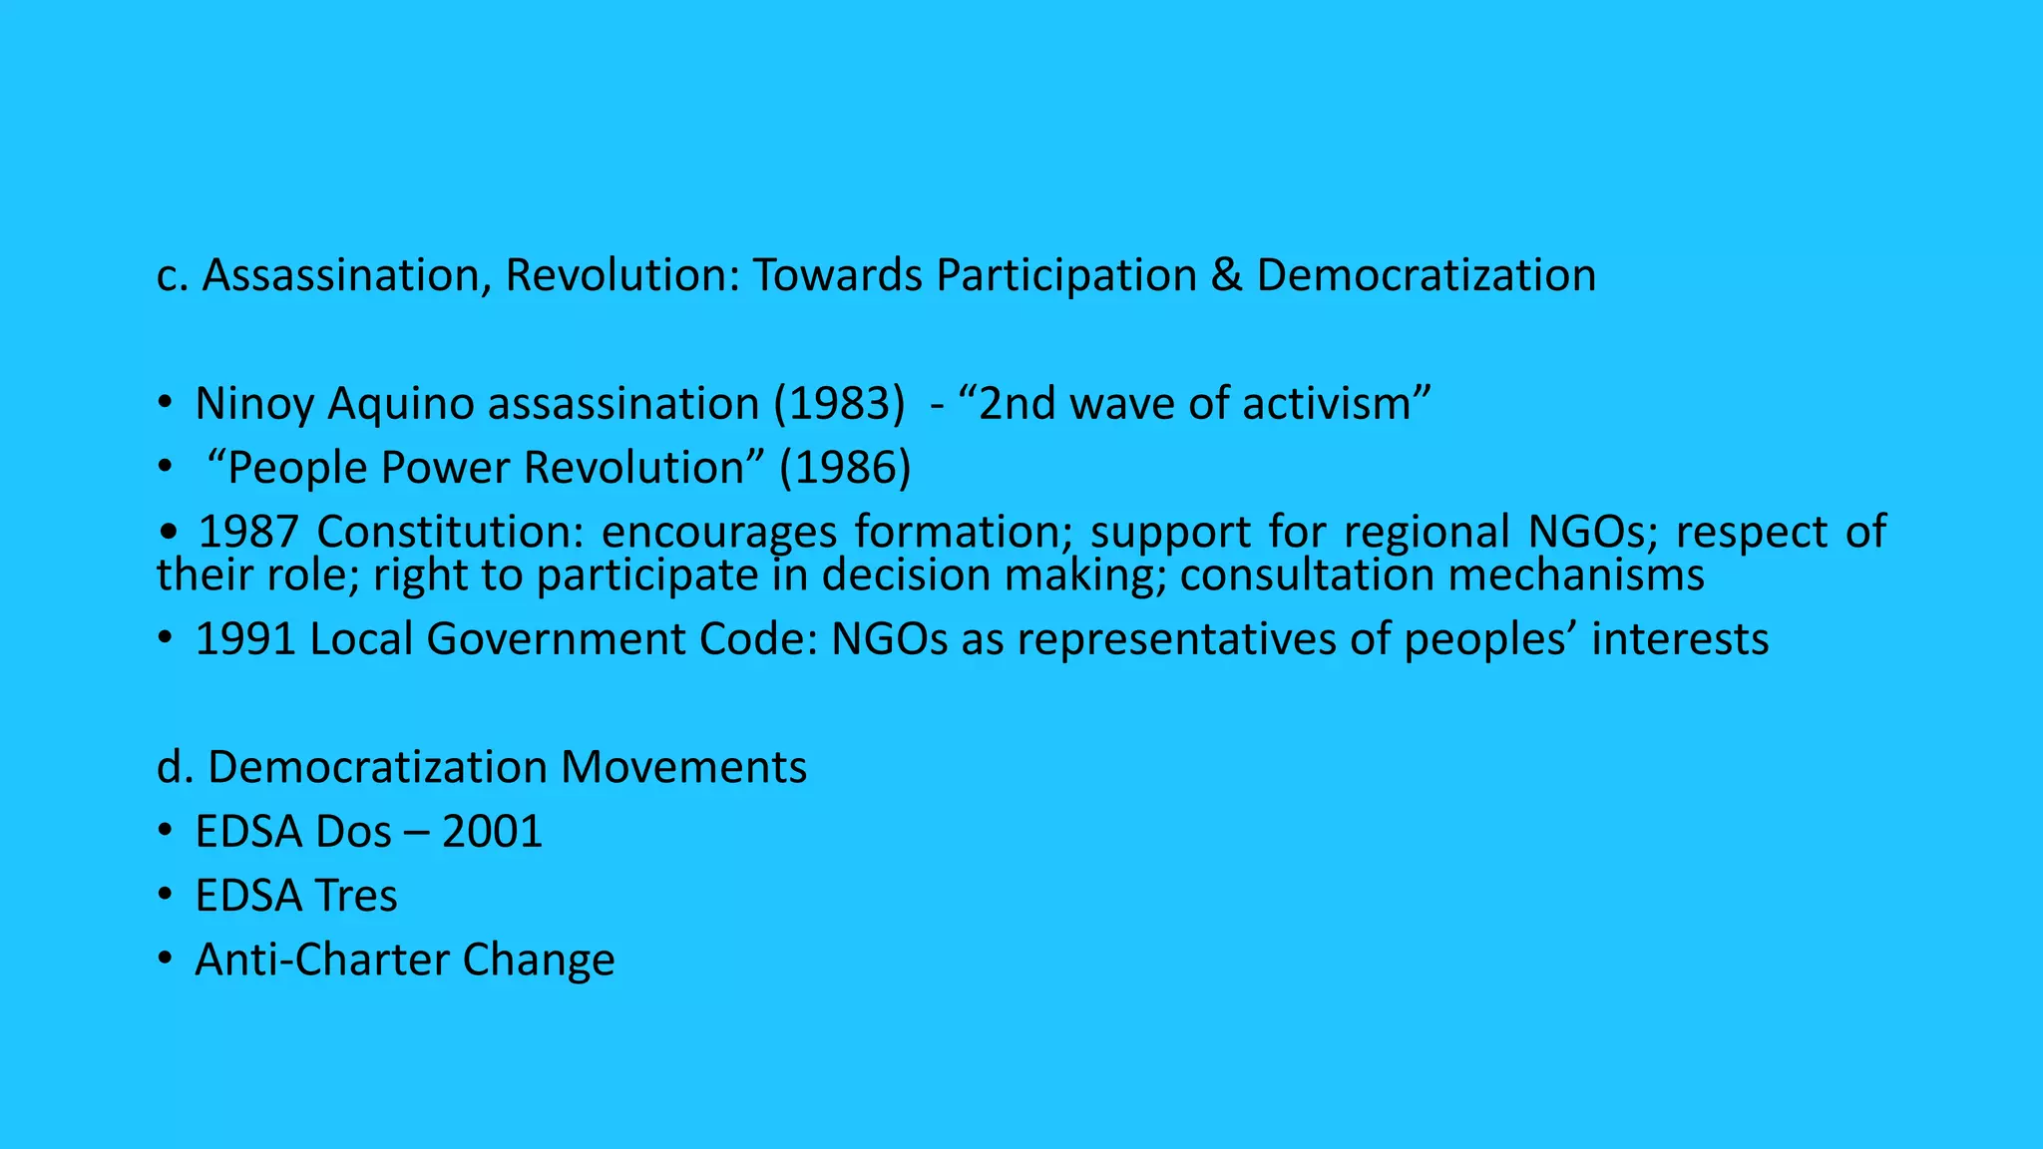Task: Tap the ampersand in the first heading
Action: point(1226,276)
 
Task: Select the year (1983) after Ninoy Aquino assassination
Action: point(839,404)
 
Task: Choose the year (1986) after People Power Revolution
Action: point(845,468)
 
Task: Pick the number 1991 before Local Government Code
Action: point(245,639)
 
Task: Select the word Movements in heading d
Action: point(683,768)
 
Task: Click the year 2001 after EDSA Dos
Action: point(492,832)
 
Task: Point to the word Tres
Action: point(355,896)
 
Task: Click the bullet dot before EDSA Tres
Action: point(165,896)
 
